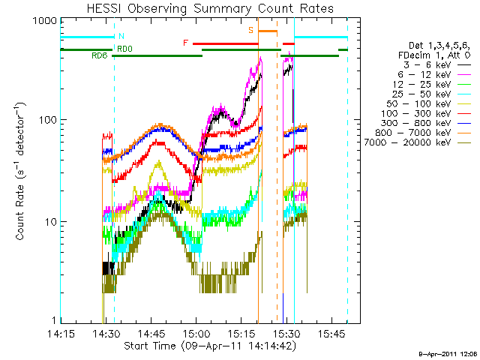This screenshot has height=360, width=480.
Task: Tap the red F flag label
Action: coord(186,43)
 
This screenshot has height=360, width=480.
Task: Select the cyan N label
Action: coord(121,36)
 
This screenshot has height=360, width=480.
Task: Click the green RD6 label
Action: coord(99,56)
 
